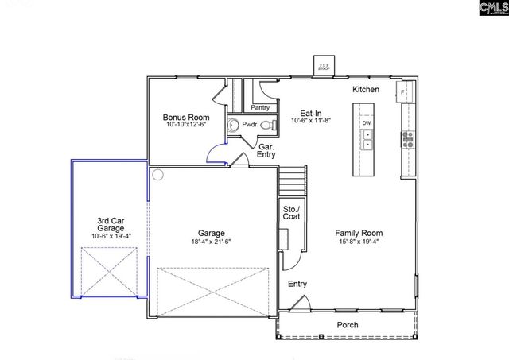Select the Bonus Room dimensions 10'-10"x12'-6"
pyautogui.click(x=185, y=125)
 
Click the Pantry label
pyautogui.click(x=260, y=107)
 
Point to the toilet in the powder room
pyautogui.click(x=264, y=124)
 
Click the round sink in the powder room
pyautogui.click(x=231, y=125)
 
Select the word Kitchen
pyautogui.click(x=366, y=90)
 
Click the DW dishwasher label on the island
pyautogui.click(x=367, y=123)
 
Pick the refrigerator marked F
pyautogui.click(x=405, y=91)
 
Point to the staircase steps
pyautogui.click(x=293, y=179)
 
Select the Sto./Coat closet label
pyautogui.click(x=291, y=212)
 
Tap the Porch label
pyautogui.click(x=348, y=325)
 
